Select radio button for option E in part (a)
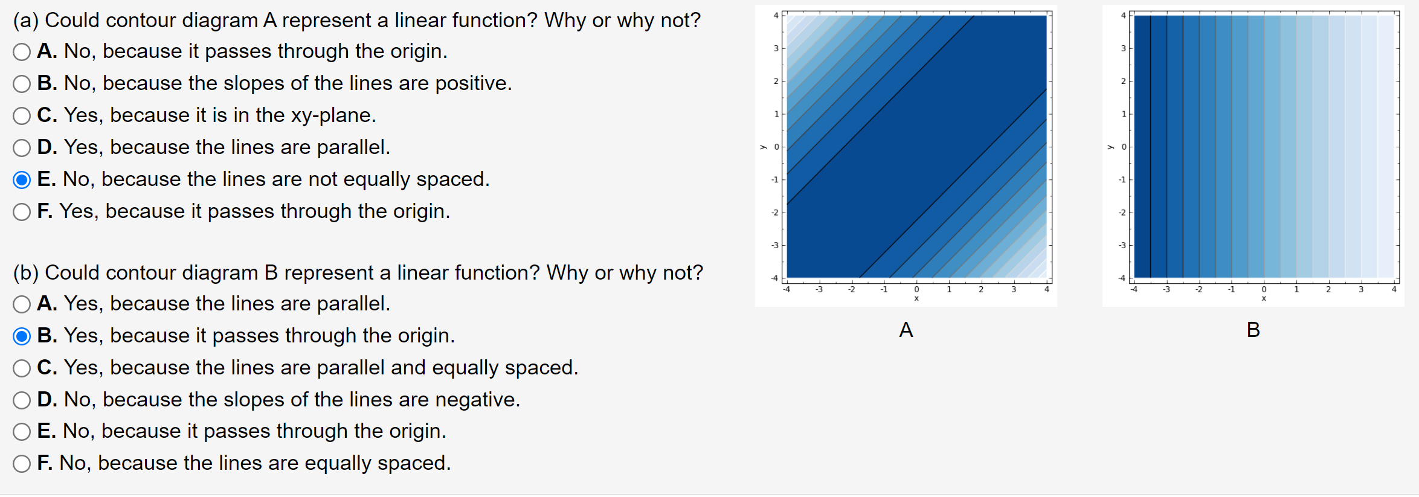coord(22,180)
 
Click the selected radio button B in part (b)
coord(22,336)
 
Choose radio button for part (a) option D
coord(22,148)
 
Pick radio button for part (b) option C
coord(22,368)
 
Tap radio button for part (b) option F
coord(22,464)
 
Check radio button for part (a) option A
coord(22,52)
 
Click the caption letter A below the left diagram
coord(906,330)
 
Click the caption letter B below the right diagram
coord(1253,330)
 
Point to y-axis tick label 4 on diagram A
coord(776,16)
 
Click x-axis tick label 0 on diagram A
coord(916,290)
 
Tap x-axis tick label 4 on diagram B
coord(1394,290)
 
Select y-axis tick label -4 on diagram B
coord(1122,278)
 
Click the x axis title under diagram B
coord(1264,298)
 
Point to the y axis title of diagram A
coord(763,147)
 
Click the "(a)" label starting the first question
coord(26,21)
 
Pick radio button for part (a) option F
coord(22,212)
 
